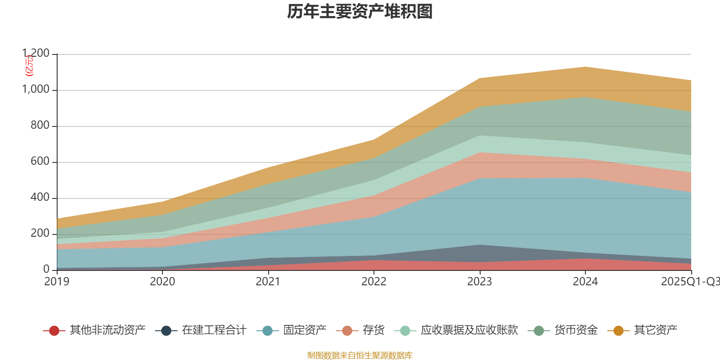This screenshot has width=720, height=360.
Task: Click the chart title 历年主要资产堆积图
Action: coord(360,12)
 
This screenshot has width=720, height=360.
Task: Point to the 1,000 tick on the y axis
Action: coord(36,90)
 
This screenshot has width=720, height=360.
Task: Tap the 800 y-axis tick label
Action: coord(40,126)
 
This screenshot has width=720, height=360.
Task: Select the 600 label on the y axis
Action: coord(40,162)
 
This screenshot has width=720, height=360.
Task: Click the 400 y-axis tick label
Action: coord(40,198)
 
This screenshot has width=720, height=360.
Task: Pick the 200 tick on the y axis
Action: coord(40,234)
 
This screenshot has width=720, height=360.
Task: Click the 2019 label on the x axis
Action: coord(57,282)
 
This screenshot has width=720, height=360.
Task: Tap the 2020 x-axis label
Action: coord(162,282)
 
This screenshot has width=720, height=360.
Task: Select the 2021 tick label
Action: coord(268,282)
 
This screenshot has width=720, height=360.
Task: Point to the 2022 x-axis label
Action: coord(374,282)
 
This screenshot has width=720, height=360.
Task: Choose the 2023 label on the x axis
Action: coord(480,282)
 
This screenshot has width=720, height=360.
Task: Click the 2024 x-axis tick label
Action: coord(585,282)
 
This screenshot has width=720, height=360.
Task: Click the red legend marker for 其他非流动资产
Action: coord(54,331)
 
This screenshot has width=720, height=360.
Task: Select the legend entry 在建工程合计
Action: coord(214,330)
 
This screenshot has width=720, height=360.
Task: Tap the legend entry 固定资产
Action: coord(305,330)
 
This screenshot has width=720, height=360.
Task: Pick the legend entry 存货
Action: coord(373,330)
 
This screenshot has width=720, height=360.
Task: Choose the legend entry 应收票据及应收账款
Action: coord(469,330)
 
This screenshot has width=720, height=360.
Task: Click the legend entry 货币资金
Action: coord(576,330)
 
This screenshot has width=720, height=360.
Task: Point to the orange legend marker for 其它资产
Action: coord(618,331)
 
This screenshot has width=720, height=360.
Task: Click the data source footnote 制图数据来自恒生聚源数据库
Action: coord(360,355)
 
